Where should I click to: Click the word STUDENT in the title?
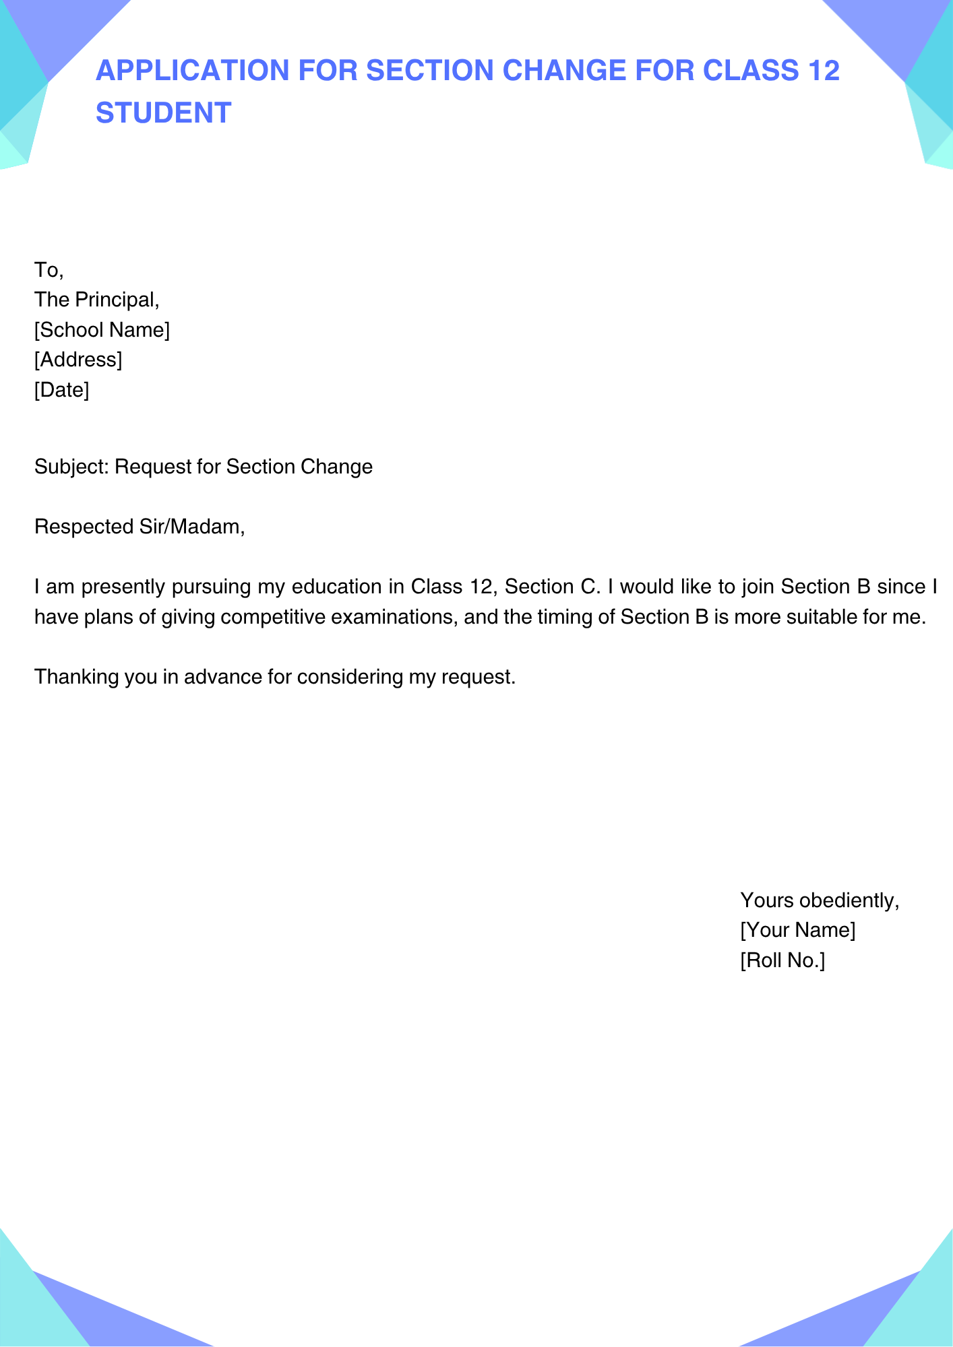[163, 113]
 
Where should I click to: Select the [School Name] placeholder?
[102, 330]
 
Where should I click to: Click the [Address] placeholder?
[78, 360]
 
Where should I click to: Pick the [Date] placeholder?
[61, 389]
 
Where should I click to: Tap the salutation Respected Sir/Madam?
[139, 527]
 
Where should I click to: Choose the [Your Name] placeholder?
[797, 930]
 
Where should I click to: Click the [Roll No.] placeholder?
[782, 960]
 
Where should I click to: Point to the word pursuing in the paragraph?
[210, 587]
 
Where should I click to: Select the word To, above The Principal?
[49, 270]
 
